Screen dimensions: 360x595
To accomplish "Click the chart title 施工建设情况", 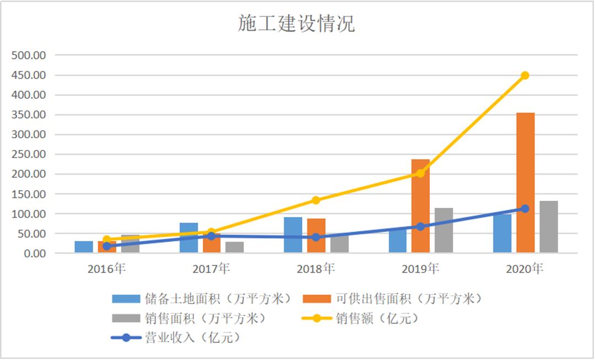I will [x=297, y=24].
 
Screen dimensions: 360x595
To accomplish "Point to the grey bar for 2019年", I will [x=443, y=230].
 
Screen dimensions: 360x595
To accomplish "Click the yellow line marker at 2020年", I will [x=525, y=75].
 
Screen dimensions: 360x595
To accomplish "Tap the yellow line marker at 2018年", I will [x=316, y=200].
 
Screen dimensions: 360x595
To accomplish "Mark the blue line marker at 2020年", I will [x=525, y=208].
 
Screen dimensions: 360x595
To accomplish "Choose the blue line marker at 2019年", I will [x=420, y=227].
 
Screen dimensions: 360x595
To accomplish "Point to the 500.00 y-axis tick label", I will [x=30, y=55].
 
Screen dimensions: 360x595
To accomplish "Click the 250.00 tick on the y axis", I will [x=30, y=154].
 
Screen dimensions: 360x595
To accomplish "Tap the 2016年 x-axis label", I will [x=106, y=269].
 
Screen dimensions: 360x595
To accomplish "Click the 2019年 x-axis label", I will [x=420, y=269].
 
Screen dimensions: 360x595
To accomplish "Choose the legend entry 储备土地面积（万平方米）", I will [x=202, y=299].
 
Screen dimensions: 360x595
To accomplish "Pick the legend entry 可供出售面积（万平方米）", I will [x=393, y=299].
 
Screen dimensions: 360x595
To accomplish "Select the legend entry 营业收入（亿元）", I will [x=176, y=337].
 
